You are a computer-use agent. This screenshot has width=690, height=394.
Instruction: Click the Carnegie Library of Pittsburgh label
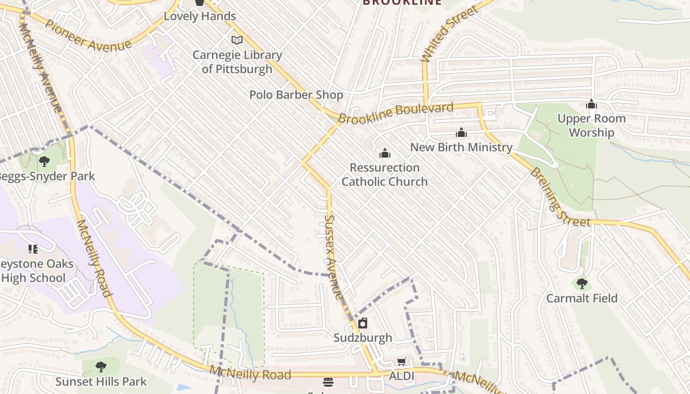[237, 62]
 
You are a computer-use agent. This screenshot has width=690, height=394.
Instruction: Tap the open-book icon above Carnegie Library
[237, 40]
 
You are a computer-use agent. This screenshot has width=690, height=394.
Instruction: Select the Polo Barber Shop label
[296, 95]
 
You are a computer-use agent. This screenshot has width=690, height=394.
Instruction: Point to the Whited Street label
[450, 34]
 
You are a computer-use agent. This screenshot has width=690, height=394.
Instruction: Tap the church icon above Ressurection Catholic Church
[385, 154]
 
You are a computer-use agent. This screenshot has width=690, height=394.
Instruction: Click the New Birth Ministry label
[461, 147]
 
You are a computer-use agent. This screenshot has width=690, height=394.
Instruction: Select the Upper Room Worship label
[591, 126]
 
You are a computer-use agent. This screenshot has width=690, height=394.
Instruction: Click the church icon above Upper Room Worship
[591, 104]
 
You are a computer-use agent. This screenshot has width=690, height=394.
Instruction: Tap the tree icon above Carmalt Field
[582, 284]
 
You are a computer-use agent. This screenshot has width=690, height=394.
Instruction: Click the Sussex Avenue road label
[334, 257]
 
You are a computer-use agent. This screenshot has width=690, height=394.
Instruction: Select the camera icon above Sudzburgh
[363, 323]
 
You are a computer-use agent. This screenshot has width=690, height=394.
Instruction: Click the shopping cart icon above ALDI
[402, 362]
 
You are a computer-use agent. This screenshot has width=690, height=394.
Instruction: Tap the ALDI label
[402, 377]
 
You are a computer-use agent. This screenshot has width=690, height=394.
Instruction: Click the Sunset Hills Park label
[101, 382]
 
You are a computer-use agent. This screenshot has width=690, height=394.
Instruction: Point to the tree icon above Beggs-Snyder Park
[44, 161]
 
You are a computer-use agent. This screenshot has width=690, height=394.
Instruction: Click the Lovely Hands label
[200, 16]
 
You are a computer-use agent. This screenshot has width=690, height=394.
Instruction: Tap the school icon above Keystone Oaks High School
[33, 249]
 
